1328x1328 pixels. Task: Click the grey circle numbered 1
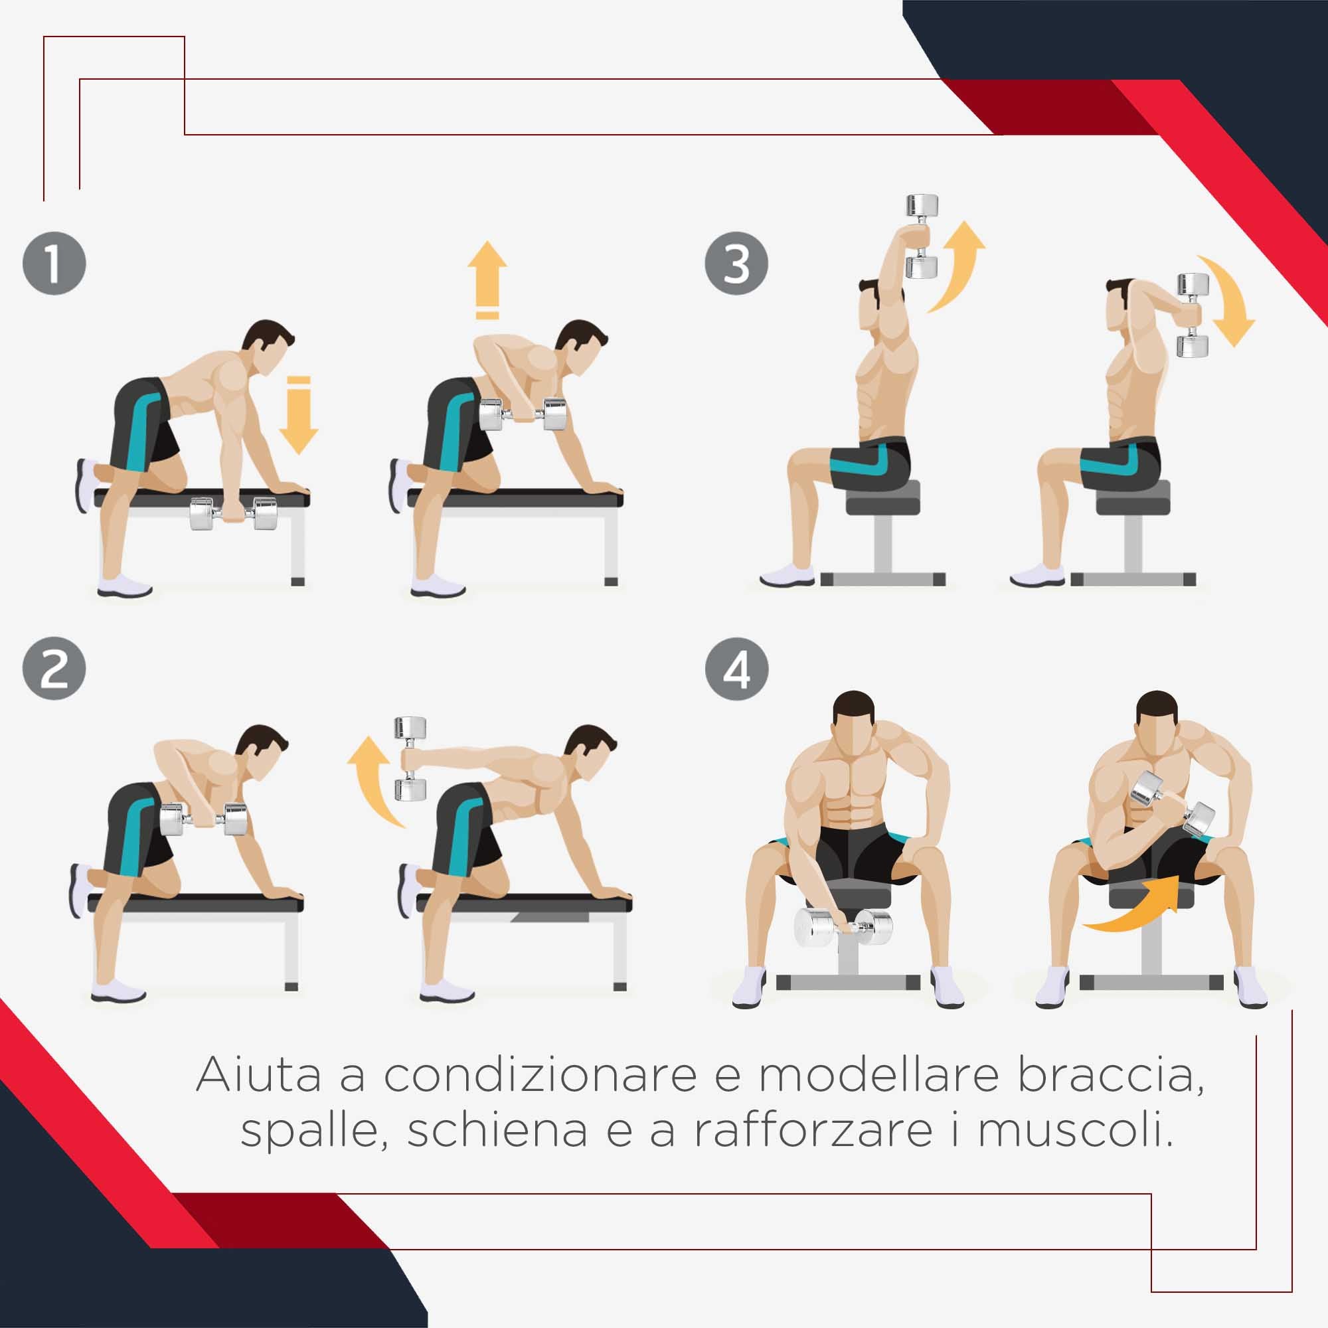point(54,263)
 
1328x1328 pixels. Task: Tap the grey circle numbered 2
point(54,668)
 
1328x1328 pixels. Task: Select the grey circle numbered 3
point(737,263)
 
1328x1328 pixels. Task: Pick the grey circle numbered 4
point(737,668)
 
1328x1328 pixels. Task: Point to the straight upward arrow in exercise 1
point(487,278)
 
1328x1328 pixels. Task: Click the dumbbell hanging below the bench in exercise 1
point(233,513)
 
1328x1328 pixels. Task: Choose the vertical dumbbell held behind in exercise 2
point(410,759)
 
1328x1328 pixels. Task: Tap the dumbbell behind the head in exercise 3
point(1193,315)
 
